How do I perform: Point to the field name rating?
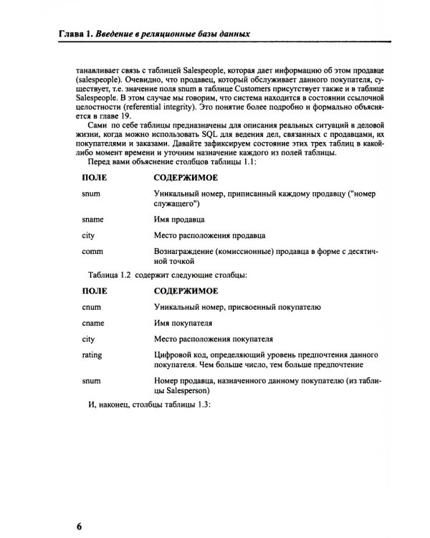(92, 355)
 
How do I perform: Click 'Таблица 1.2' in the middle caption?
(110, 273)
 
